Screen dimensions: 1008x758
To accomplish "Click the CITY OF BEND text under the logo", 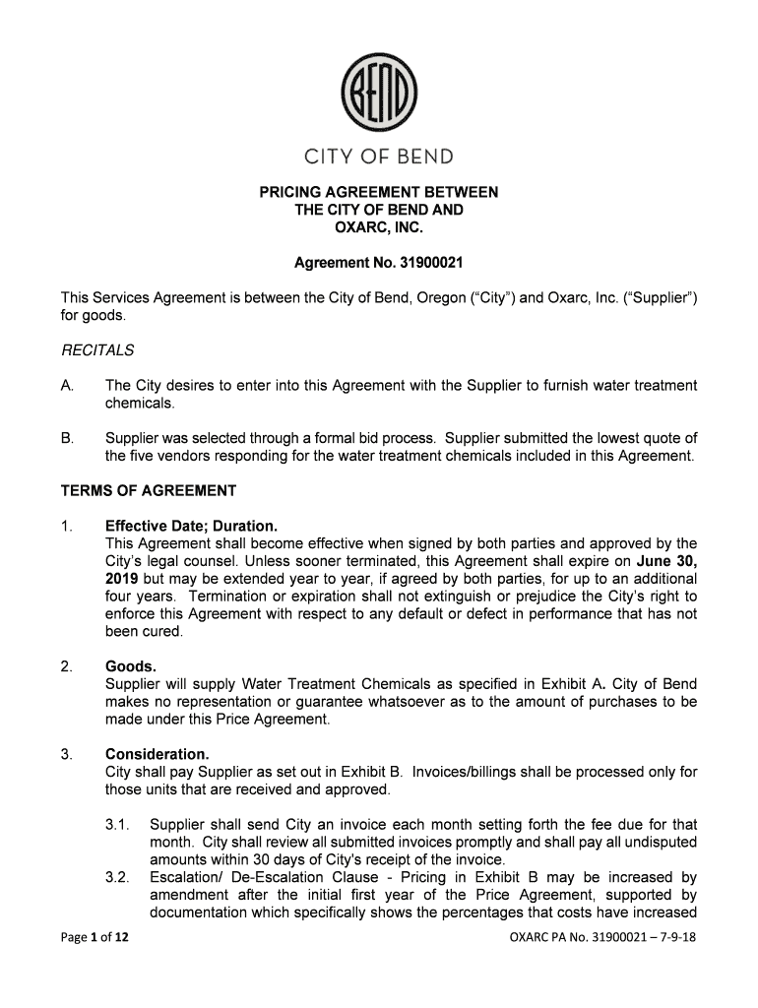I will pyautogui.click(x=379, y=157).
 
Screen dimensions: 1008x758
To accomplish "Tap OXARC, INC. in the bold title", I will pyautogui.click(x=379, y=228).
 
